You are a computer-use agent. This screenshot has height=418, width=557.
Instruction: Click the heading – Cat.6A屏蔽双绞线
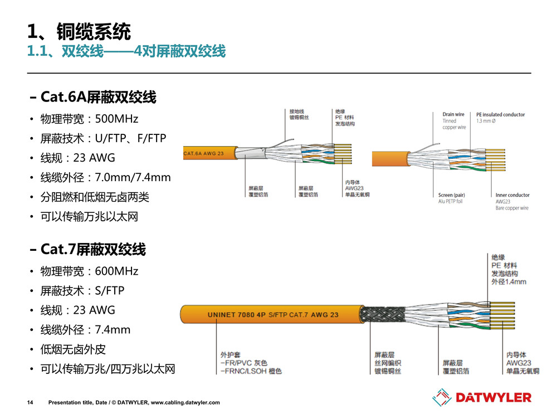(x=93, y=98)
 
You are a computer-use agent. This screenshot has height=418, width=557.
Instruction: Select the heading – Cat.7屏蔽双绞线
(x=88, y=249)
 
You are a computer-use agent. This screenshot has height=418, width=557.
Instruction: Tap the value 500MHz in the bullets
(x=116, y=119)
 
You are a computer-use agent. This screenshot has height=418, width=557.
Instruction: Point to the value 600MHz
(x=116, y=271)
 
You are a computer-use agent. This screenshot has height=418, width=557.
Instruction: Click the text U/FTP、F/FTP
(x=131, y=138)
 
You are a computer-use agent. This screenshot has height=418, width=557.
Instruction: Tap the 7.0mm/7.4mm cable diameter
(x=133, y=177)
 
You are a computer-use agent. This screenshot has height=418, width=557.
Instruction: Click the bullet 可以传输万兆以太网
(x=89, y=216)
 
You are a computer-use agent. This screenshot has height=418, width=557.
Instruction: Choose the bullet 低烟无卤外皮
(x=73, y=349)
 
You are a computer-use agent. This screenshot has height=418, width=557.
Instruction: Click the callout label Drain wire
(x=453, y=115)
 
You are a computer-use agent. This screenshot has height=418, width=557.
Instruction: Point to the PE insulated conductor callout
(x=500, y=115)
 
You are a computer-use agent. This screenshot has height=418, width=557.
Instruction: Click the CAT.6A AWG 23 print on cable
(x=204, y=152)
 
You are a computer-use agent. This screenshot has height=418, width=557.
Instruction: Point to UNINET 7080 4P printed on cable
(x=236, y=315)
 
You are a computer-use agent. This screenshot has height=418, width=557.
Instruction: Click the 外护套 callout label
(x=229, y=354)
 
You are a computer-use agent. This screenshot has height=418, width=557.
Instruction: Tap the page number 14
(x=31, y=402)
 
